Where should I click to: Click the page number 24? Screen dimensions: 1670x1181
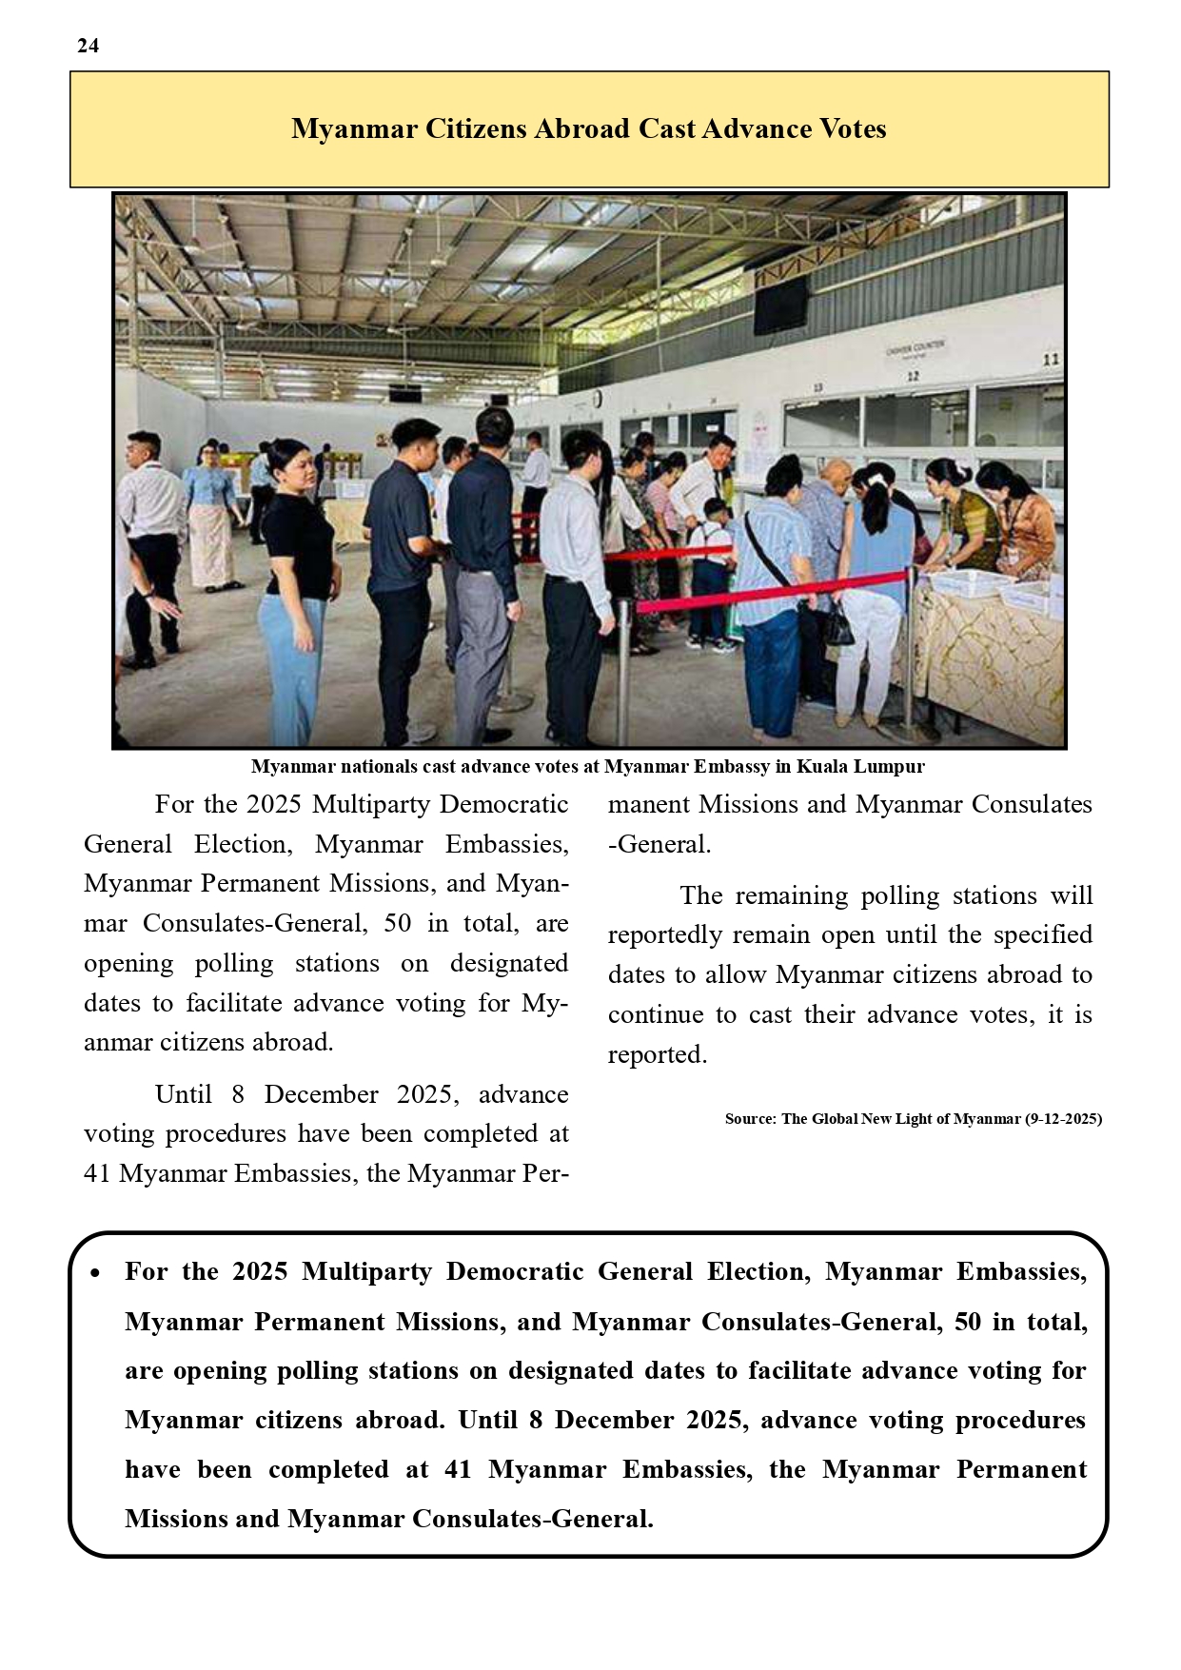tap(88, 46)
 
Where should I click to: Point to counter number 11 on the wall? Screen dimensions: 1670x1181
tap(1050, 360)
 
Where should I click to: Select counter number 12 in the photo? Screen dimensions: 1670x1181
tap(913, 375)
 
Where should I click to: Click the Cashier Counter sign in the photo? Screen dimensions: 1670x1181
tap(915, 349)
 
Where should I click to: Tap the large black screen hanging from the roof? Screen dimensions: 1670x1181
tap(780, 304)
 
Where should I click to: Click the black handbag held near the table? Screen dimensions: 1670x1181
tap(839, 626)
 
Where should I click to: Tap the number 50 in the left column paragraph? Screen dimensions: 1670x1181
tap(399, 923)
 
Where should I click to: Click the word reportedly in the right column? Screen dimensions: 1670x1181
tap(667, 935)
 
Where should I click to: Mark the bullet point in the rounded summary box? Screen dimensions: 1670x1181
tap(95, 1273)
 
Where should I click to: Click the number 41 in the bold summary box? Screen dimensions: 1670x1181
tap(458, 1470)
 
